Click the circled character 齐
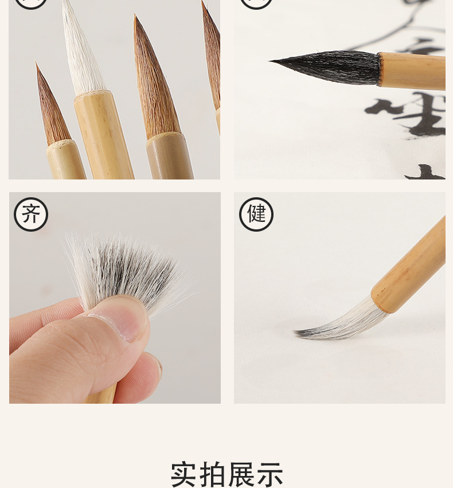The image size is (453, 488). point(31,214)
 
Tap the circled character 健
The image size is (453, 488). point(256,214)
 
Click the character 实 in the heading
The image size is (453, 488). point(188,474)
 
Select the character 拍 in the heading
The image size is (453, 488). point(214,474)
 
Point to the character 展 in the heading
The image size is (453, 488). point(241,474)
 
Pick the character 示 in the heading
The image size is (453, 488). point(269,474)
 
